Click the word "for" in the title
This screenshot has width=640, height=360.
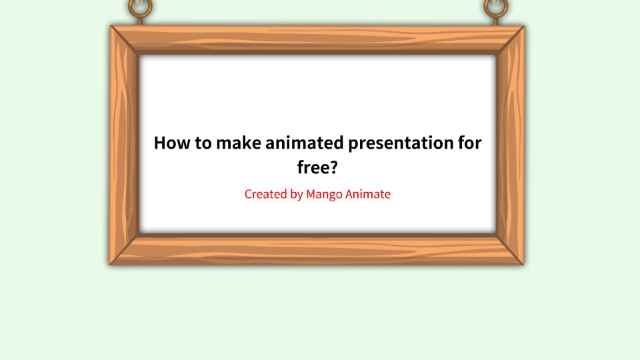(x=467, y=143)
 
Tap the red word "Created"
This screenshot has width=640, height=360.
(x=265, y=195)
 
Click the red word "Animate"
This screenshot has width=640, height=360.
(x=369, y=195)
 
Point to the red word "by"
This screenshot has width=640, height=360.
(x=297, y=195)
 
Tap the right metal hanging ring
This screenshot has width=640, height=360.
(x=495, y=8)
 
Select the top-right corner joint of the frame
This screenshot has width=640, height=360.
(x=510, y=40)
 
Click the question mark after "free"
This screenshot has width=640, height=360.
(x=333, y=167)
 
